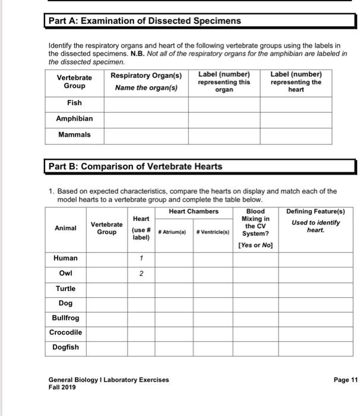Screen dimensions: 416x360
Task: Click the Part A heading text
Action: (144, 21)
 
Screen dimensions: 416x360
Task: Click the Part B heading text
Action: (135, 166)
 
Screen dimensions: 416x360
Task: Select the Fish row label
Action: (74, 103)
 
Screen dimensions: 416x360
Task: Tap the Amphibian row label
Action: (74, 119)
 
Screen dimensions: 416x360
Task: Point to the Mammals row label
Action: (74, 135)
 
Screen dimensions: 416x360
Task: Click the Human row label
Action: (65, 259)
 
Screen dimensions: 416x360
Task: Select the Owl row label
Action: (65, 274)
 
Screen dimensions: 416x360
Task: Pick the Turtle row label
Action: (65, 289)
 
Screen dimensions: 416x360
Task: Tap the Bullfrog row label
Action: (65, 318)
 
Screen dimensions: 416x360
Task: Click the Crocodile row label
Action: (65, 332)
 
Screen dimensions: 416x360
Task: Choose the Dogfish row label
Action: (65, 347)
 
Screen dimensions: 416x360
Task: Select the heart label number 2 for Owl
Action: (141, 274)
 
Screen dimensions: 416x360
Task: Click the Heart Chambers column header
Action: (194, 212)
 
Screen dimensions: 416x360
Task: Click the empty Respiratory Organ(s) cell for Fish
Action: (147, 103)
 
